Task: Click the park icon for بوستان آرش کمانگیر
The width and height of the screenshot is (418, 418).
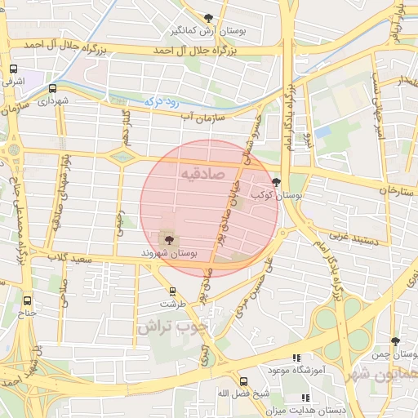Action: point(209,19)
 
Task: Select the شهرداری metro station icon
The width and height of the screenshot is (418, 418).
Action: point(53,88)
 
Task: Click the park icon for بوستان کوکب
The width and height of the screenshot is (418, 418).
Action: point(276,183)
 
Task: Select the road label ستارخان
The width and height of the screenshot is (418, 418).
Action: point(398,189)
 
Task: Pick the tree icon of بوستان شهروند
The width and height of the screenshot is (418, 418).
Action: point(169,239)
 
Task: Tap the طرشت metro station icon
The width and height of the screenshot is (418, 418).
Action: point(172,291)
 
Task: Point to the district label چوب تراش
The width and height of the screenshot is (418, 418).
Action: point(172,327)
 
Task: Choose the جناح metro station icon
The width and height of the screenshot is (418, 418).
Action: point(29,300)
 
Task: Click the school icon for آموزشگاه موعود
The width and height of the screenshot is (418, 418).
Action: point(296,358)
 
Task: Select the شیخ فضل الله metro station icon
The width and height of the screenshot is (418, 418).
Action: point(243,381)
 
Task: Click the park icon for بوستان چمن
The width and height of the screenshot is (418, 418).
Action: point(396,341)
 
